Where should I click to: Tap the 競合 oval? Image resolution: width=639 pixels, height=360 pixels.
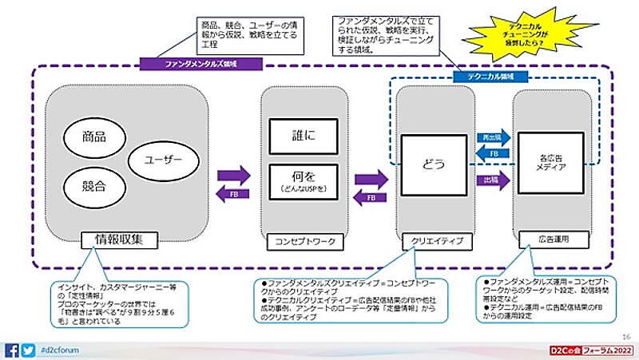(x=94, y=188)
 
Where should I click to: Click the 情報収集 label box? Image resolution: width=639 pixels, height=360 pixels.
(x=120, y=238)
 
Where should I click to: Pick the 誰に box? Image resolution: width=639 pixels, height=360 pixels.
(x=304, y=136)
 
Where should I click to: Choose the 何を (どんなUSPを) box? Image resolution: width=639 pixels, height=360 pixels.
(x=304, y=182)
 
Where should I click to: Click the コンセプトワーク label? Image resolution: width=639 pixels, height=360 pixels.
(x=304, y=239)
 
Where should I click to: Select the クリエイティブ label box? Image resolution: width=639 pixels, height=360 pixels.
(x=434, y=239)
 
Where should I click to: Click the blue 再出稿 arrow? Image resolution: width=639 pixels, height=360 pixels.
(x=493, y=137)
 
